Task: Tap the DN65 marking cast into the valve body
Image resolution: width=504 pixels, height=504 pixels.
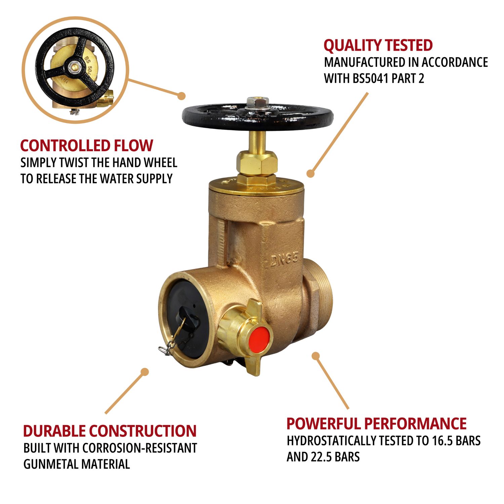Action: pos(284,259)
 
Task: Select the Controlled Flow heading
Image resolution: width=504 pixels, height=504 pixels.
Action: pos(87,145)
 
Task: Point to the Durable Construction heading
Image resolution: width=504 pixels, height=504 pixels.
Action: pos(110,431)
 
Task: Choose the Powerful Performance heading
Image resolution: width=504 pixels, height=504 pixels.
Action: pos(376,423)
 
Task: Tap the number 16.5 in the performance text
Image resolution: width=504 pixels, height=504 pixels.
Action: pos(438,440)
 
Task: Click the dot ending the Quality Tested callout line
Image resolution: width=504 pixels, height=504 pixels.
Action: pos(310,174)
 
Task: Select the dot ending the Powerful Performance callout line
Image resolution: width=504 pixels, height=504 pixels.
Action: pos(316,355)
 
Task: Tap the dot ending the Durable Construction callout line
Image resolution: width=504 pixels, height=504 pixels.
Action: pos(145,372)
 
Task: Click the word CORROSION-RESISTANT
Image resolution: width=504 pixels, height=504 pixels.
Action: pos(140,448)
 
